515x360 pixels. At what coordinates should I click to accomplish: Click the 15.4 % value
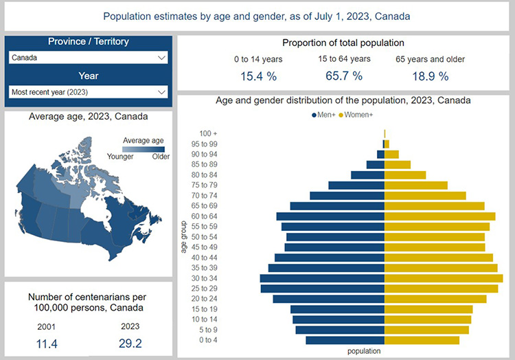click(x=257, y=76)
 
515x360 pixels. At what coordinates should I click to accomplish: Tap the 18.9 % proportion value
click(x=430, y=76)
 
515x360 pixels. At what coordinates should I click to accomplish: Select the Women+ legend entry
click(x=367, y=114)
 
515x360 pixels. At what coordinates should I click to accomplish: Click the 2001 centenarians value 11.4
click(x=47, y=343)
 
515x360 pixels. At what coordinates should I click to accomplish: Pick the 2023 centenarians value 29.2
click(x=130, y=343)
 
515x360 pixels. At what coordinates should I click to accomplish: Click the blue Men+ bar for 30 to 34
click(x=322, y=278)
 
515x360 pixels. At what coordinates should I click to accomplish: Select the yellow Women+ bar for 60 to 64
click(x=439, y=216)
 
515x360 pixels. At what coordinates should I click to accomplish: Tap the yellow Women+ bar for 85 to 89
click(x=398, y=165)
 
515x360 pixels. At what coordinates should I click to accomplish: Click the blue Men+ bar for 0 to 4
click(x=345, y=340)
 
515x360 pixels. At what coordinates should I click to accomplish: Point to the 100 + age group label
click(x=208, y=133)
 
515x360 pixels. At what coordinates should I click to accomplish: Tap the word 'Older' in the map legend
click(x=161, y=157)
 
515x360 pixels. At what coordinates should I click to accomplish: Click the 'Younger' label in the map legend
click(x=120, y=157)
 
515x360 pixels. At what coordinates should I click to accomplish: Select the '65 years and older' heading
click(x=430, y=59)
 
